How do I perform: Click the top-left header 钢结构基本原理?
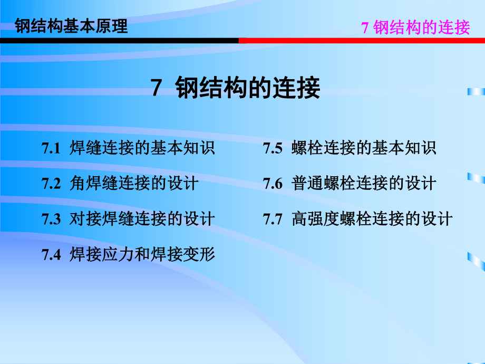[72, 26]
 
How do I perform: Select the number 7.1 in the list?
[52, 149]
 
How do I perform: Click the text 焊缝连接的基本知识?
[142, 148]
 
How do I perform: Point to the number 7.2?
[52, 184]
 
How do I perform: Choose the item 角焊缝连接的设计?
[134, 183]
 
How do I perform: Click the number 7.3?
[52, 219]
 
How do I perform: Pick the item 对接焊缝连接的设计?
[142, 218]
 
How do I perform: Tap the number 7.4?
[52, 254]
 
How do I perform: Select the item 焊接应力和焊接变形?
[142, 254]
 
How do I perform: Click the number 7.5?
[273, 149]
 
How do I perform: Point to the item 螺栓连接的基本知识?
[364, 148]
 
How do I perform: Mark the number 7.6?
[273, 184]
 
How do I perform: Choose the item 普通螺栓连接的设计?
[364, 183]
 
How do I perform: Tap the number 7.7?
[273, 219]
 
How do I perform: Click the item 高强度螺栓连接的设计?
[372, 218]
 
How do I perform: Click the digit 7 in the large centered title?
[156, 89]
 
